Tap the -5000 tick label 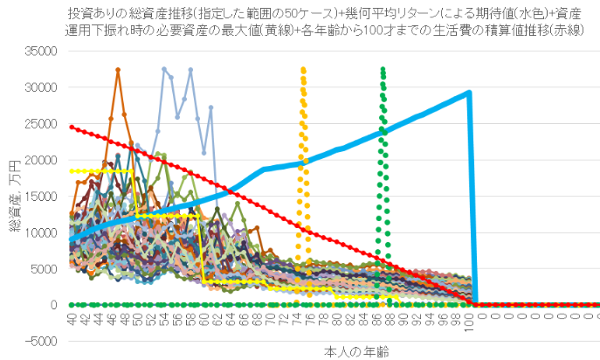(41, 341)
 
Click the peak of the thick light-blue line (469, 92)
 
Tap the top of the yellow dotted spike (303, 68)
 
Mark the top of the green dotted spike (383, 68)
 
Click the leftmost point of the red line (72, 127)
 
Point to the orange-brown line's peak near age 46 (118, 69)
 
